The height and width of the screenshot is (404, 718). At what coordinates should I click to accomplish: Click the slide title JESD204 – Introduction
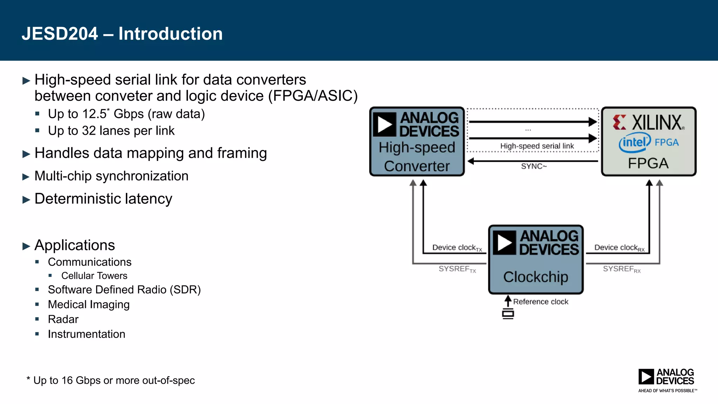coord(122,34)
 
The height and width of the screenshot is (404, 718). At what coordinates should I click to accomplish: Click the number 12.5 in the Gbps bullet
coord(94,114)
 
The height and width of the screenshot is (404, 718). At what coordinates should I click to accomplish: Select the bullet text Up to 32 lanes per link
coord(111,131)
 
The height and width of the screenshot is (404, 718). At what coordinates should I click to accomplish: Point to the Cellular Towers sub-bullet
coord(94,276)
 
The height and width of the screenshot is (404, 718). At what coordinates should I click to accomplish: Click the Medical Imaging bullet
coord(89,304)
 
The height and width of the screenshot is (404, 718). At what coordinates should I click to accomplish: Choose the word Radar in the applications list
coord(63,319)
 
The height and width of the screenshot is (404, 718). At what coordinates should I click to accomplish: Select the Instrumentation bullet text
coord(87,334)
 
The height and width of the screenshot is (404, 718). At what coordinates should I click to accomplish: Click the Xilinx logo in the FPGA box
coord(649,122)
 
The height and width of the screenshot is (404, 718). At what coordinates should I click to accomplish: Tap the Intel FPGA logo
coord(649,142)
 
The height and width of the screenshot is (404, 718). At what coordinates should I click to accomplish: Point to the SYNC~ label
coord(534,166)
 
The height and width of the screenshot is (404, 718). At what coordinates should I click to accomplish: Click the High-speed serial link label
coord(537,146)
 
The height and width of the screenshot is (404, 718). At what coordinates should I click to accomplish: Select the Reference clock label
coord(541,302)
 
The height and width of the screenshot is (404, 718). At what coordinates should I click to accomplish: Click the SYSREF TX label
coord(457,269)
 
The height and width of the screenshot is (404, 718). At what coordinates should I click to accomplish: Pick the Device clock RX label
coord(619,248)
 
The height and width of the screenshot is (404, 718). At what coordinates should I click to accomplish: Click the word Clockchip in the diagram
coord(536,277)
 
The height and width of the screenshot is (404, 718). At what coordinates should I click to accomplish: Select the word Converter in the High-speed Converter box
coord(417,166)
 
